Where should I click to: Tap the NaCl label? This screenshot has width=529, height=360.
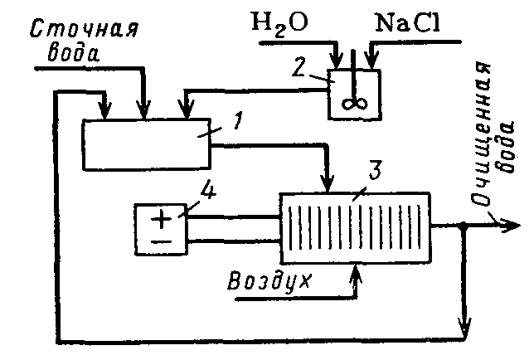pyautogui.click(x=408, y=22)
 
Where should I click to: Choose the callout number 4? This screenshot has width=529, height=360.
pyautogui.click(x=208, y=192)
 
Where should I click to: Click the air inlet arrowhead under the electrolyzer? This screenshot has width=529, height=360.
pyautogui.click(x=356, y=272)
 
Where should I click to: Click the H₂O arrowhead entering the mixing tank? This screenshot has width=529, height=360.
pyautogui.click(x=336, y=60)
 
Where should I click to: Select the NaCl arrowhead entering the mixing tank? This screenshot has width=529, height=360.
pyautogui.click(x=372, y=60)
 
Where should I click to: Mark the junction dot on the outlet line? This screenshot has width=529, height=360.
pyautogui.click(x=464, y=225)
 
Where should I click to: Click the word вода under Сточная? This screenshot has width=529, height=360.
pyautogui.click(x=75, y=56)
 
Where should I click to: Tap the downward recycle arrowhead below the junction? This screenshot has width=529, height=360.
pyautogui.click(x=464, y=324)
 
